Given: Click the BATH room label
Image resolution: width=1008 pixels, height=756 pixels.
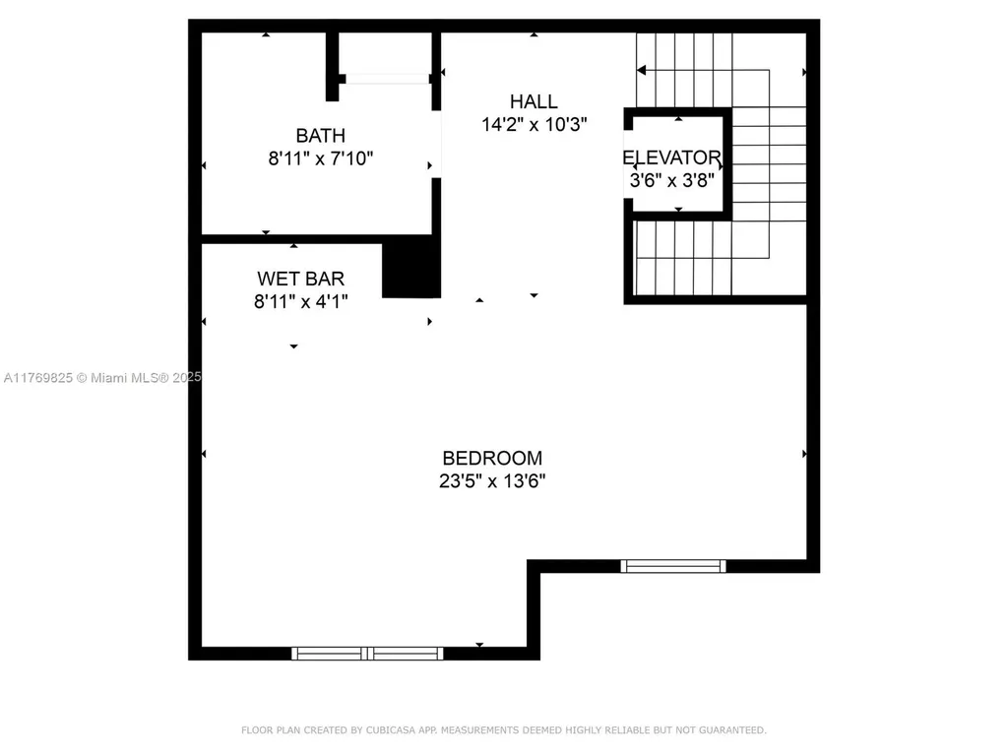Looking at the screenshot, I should [x=321, y=135].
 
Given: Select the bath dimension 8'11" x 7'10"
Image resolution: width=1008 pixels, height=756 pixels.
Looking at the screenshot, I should [x=321, y=157].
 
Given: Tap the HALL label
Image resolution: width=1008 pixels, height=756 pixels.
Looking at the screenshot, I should [x=534, y=101].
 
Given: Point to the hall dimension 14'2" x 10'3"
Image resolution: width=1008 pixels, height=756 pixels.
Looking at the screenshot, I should [x=534, y=125].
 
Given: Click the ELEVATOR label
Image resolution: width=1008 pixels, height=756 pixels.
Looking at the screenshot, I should [x=672, y=157].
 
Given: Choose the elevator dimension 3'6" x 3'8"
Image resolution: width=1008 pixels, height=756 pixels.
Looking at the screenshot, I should [x=672, y=180].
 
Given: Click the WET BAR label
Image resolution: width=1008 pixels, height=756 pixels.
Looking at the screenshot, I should [x=301, y=280].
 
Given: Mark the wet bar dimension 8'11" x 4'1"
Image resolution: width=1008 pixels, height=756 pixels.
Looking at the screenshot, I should [x=301, y=302].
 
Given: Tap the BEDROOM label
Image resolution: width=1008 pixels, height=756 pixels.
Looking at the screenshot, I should [x=492, y=458].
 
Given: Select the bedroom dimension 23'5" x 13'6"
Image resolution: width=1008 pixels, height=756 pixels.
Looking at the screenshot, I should [x=492, y=481].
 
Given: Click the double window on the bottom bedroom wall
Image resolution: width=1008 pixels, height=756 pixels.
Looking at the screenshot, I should [x=368, y=653].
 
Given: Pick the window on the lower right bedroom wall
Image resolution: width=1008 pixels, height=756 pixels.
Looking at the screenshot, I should [x=673, y=566].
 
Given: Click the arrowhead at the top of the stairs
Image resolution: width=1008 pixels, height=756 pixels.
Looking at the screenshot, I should [x=643, y=70].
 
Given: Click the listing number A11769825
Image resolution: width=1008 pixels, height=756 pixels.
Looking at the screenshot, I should [x=37, y=377].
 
